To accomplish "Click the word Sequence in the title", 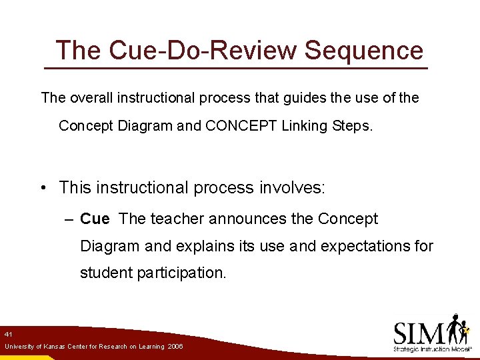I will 364,51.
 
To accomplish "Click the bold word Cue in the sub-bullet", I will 95,219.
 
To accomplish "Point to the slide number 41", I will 8,333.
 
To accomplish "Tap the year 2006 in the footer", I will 175,347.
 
